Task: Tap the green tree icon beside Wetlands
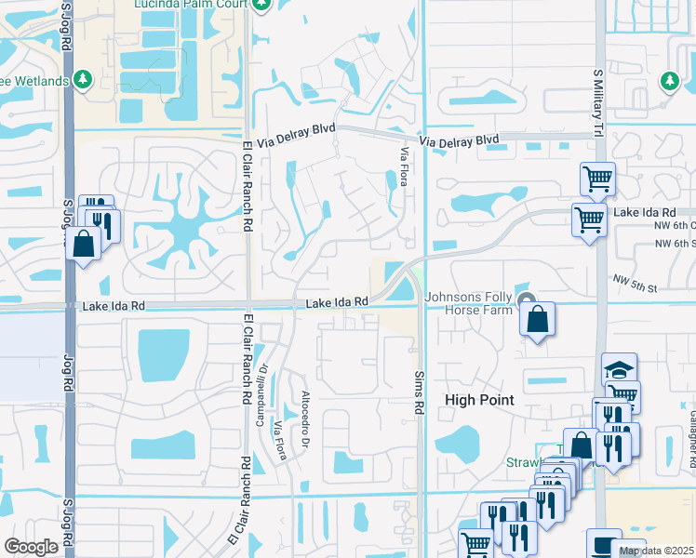point(84,80)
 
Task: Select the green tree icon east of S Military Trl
point(669,81)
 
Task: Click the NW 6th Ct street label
point(674,225)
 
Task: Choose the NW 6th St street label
point(674,244)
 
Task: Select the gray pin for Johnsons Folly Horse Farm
point(528,299)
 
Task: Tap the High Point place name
point(479,400)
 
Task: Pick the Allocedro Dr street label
point(304,420)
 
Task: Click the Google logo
point(32,546)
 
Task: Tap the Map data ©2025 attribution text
point(657,551)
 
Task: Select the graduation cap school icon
point(619,368)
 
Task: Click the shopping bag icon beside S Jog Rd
point(83,245)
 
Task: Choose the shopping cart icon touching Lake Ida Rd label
point(589,219)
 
